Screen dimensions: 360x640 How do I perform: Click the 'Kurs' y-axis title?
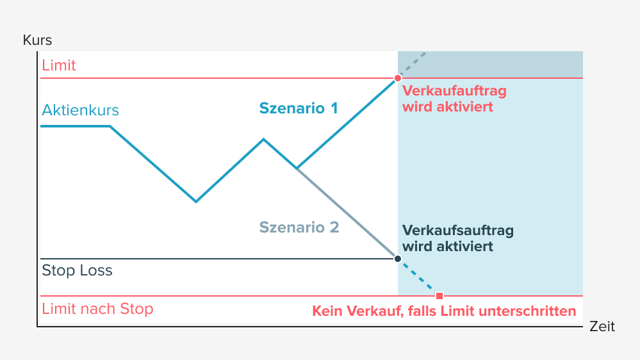pyautogui.click(x=37, y=40)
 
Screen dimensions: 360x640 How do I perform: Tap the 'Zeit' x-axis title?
pyautogui.click(x=602, y=327)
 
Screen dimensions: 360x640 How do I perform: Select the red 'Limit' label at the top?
pyautogui.click(x=59, y=65)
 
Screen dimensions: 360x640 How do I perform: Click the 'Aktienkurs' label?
pyautogui.click(x=81, y=110)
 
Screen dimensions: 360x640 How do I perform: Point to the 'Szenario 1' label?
pyautogui.click(x=298, y=108)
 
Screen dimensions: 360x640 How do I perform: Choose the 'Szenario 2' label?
pyautogui.click(x=299, y=227)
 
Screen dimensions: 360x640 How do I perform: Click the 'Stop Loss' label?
pyautogui.click(x=77, y=270)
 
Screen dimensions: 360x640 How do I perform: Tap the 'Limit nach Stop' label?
pyautogui.click(x=97, y=309)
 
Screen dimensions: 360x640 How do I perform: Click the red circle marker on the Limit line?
pyautogui.click(x=398, y=78)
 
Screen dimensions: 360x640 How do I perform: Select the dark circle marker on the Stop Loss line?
pyautogui.click(x=398, y=259)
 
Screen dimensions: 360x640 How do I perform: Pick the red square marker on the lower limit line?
pyautogui.click(x=439, y=296)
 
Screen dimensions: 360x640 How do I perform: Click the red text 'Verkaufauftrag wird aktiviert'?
pyautogui.click(x=454, y=99)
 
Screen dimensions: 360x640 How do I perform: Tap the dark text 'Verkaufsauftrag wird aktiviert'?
pyautogui.click(x=457, y=238)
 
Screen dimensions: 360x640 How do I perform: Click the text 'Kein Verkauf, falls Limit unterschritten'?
pyautogui.click(x=444, y=312)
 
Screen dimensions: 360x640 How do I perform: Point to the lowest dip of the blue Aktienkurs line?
pyautogui.click(x=196, y=201)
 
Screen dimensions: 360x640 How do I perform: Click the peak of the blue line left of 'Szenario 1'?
pyautogui.click(x=263, y=138)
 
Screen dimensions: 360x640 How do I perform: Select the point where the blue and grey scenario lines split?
pyautogui.click(x=297, y=168)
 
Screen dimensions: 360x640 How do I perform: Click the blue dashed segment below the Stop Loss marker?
pyautogui.click(x=418, y=277)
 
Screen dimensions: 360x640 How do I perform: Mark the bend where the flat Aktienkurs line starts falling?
pyautogui.click(x=110, y=126)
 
